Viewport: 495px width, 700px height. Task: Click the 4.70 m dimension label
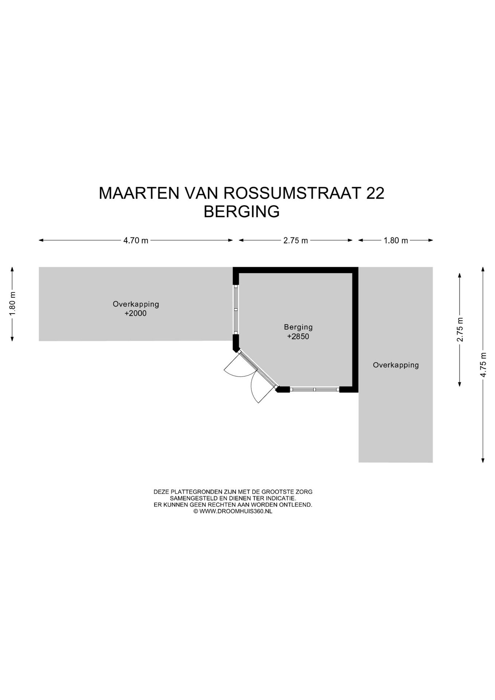coord(136,241)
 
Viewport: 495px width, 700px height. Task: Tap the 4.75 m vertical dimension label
coord(483,365)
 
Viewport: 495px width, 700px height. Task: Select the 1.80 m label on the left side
coord(12,304)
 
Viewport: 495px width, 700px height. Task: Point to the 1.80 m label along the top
coord(396,241)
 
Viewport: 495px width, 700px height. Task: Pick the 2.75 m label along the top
coord(296,241)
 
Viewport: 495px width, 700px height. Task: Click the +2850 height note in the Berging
coord(298,337)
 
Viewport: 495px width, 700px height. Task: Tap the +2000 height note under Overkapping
coord(136,314)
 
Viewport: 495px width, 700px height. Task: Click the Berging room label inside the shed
coord(298,327)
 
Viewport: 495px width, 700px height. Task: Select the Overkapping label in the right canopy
coord(396,365)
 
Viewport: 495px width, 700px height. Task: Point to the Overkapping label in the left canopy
coord(136,304)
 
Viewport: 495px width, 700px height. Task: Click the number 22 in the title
coord(375,193)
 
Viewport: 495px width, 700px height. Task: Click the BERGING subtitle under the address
coord(242,212)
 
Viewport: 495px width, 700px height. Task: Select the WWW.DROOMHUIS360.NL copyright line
coord(233,512)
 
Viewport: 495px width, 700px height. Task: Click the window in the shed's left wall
coord(236,310)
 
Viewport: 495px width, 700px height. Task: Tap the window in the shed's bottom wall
coord(315,389)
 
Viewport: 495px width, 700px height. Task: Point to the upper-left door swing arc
coord(235,366)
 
